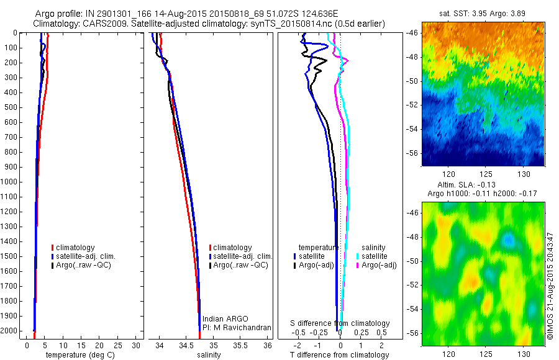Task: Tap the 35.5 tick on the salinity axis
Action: click(x=240, y=345)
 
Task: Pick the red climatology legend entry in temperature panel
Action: click(x=77, y=248)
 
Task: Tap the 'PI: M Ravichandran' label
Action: click(x=237, y=327)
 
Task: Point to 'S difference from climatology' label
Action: click(x=340, y=323)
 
